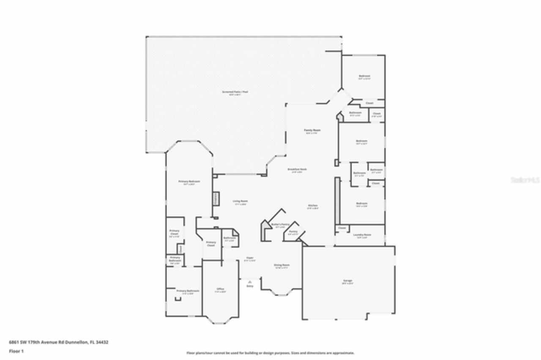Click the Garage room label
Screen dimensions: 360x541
347,281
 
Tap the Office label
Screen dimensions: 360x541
220,289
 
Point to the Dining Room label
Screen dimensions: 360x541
281,265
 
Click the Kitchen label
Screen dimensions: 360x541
312,206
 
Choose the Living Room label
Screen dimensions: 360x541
240,201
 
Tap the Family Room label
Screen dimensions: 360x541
312,130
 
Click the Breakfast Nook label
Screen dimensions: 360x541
297,169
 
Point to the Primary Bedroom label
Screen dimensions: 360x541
189,181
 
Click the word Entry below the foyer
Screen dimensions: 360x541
250,286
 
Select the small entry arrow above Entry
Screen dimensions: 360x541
250,281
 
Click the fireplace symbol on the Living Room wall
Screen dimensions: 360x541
215,198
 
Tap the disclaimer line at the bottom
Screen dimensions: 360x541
270,353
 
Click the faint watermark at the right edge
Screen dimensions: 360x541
525,180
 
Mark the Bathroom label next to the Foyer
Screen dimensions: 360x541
230,237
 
